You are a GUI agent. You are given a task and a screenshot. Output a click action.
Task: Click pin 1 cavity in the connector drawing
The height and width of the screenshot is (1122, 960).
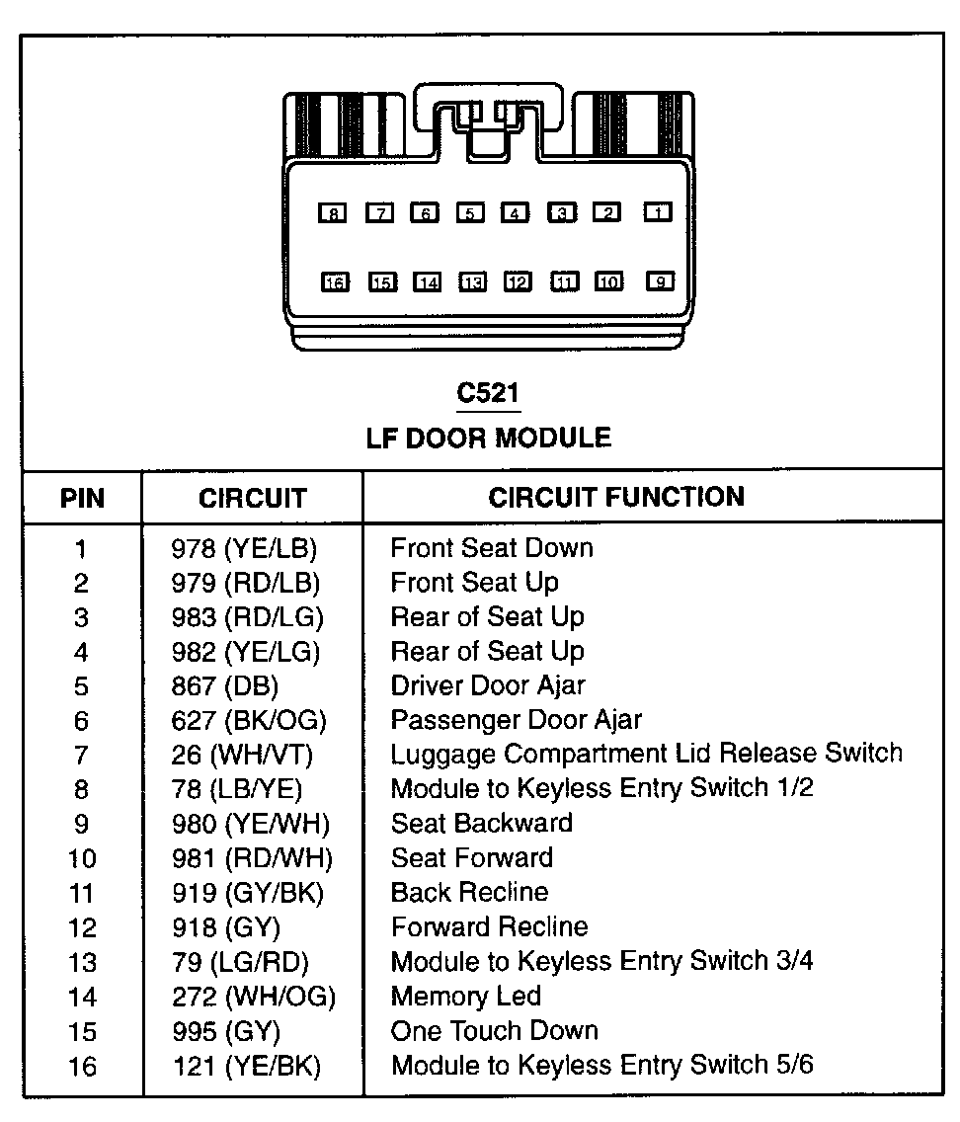point(659,211)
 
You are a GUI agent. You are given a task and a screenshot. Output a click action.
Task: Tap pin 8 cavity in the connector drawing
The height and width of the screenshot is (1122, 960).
point(334,212)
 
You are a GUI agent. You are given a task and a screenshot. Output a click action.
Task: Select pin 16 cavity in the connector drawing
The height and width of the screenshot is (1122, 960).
point(334,282)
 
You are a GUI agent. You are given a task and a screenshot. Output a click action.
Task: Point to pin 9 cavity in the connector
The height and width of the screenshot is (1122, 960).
point(659,281)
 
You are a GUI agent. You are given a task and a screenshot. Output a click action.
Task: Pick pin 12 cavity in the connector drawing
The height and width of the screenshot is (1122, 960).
point(518,282)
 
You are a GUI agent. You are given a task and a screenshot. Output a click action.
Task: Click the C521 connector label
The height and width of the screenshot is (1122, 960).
point(488,393)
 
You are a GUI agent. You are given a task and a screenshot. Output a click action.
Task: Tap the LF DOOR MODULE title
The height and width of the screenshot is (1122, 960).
point(488,438)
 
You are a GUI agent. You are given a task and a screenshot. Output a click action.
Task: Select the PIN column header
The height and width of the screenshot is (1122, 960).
point(82,498)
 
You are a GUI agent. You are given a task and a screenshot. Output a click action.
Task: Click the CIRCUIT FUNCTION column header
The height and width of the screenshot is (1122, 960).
point(616,497)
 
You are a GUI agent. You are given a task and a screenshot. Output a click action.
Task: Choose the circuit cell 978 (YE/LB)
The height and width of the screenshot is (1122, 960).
point(245,548)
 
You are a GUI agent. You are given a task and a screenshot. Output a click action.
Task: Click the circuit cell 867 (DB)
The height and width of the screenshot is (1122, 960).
point(225,686)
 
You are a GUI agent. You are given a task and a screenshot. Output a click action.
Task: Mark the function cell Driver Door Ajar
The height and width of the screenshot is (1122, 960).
point(488,685)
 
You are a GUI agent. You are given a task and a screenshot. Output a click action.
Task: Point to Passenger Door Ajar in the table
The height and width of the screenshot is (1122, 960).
point(517,720)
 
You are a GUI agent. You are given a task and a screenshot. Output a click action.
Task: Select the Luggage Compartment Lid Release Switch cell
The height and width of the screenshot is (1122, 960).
point(646,754)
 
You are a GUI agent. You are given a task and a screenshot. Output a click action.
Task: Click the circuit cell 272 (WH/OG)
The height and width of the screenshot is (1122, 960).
point(253,997)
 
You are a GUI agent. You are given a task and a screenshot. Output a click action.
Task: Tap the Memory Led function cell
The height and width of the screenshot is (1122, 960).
point(466,997)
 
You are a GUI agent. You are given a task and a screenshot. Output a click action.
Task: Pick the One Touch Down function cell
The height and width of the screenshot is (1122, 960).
point(495,1031)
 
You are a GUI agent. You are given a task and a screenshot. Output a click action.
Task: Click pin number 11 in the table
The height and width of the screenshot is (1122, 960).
point(82,893)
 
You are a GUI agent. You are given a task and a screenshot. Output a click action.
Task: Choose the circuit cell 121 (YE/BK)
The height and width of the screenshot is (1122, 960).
point(246,1066)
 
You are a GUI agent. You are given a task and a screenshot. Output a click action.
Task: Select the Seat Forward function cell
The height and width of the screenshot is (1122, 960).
point(472,857)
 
